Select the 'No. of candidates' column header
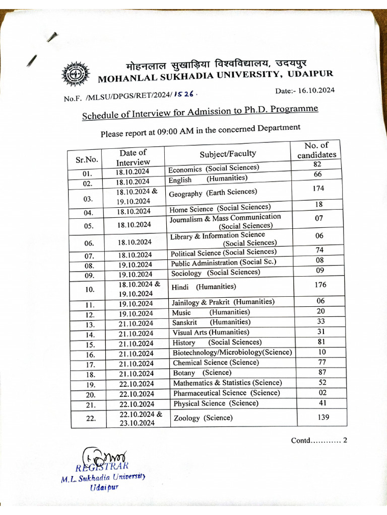(x=316, y=150)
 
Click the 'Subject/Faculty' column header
(x=228, y=154)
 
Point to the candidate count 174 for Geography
(x=318, y=189)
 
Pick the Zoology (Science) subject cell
(x=203, y=418)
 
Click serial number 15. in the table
(x=90, y=345)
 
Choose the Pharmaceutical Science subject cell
(x=226, y=393)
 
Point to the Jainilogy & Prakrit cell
(x=223, y=302)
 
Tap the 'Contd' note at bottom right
(x=319, y=441)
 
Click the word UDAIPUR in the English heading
(x=310, y=74)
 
